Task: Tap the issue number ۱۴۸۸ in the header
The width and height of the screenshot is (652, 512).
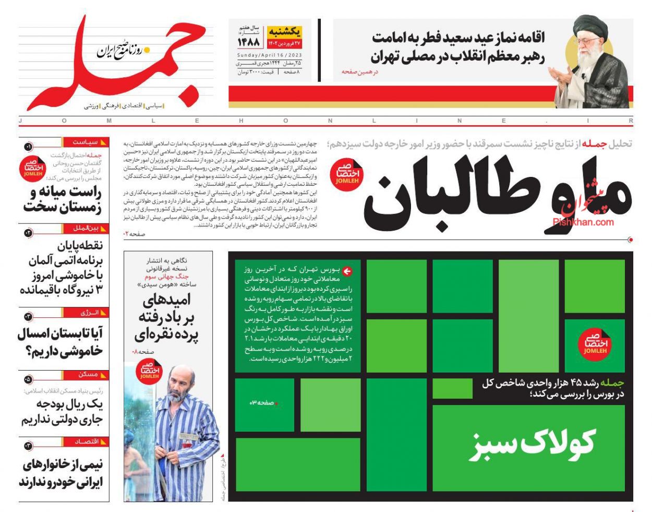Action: tap(249, 42)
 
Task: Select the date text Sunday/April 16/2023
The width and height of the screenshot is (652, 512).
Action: tap(269, 55)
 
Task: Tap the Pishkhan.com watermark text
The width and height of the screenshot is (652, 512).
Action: tap(583, 222)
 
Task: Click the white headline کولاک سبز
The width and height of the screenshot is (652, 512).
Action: tap(532, 444)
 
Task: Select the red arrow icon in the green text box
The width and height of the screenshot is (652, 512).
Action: tap(347, 271)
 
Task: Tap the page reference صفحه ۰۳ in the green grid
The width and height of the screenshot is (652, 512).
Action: tap(263, 403)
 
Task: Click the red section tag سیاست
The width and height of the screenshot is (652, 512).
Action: tap(86, 142)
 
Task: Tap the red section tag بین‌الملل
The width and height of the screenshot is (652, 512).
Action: tap(87, 228)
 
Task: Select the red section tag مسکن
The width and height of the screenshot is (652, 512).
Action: tap(88, 374)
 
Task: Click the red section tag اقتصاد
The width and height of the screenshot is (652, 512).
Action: tap(87, 442)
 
